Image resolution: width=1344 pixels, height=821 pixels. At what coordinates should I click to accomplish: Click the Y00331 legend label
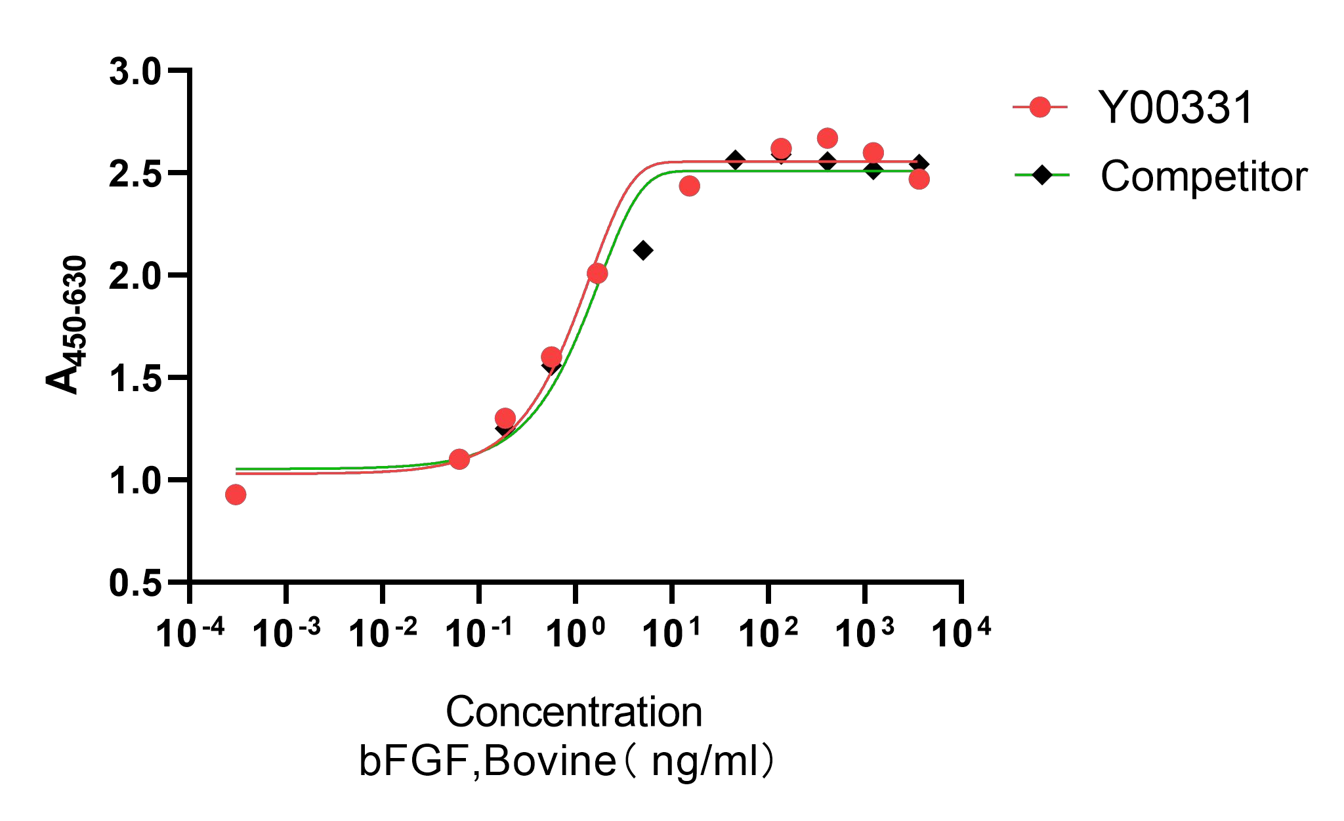pos(1175,108)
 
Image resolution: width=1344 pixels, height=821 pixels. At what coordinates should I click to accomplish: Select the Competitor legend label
pos(1204,177)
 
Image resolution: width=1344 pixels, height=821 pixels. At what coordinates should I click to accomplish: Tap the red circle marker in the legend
pos(1040,106)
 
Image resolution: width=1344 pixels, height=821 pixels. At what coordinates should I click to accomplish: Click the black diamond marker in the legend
pos(1041,175)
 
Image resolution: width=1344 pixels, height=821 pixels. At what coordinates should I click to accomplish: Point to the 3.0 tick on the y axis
pos(135,72)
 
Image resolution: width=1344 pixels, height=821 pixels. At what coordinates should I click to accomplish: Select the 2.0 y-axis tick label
pos(135,276)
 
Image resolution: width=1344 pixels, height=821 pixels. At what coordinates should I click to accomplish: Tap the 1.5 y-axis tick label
pos(135,379)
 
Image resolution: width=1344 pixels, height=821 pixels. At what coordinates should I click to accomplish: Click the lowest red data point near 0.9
pos(236,495)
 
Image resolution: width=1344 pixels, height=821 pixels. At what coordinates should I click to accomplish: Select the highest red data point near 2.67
pos(828,138)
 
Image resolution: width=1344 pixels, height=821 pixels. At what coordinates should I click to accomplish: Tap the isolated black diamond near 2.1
pos(643,250)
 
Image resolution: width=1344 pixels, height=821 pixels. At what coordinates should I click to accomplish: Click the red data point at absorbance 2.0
pos(597,274)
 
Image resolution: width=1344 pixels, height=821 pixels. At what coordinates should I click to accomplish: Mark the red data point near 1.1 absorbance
pos(459,459)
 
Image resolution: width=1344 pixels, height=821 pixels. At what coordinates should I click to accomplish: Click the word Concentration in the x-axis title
pos(574,712)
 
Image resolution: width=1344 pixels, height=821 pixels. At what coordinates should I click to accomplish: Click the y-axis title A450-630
pos(67,325)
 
